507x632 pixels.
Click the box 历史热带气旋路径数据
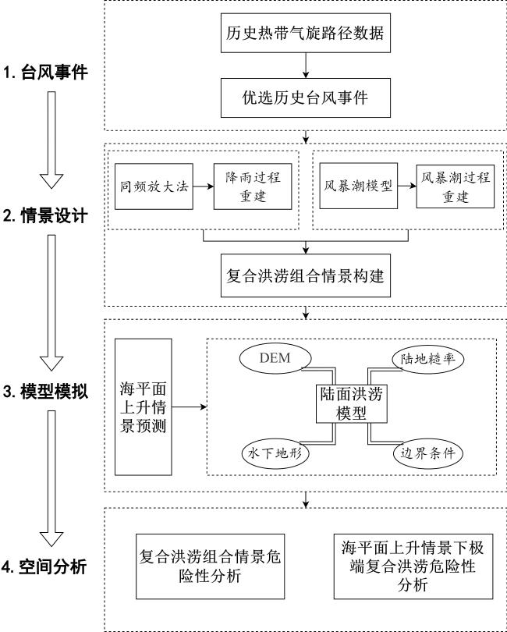point(306,33)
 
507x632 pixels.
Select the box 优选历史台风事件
point(306,98)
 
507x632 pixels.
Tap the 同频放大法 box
point(154,186)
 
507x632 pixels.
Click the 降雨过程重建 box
point(253,186)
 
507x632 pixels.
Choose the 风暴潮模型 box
point(359,186)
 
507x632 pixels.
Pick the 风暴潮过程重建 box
point(456,186)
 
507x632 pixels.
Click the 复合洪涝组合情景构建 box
point(306,275)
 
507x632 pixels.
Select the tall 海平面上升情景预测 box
point(144,407)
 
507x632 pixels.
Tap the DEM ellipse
point(275,358)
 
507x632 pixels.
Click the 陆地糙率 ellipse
point(428,358)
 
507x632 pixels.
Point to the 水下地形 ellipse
point(275,453)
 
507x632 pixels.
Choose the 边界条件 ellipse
point(428,453)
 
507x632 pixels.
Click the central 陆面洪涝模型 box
point(352,403)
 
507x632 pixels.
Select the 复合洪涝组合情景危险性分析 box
point(211,566)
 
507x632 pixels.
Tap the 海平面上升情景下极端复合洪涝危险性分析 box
point(413,566)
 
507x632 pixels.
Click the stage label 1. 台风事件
point(45,73)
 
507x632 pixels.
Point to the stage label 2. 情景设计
point(45,216)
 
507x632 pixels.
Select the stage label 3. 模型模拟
point(45,392)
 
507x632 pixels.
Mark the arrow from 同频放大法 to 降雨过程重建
point(203,186)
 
